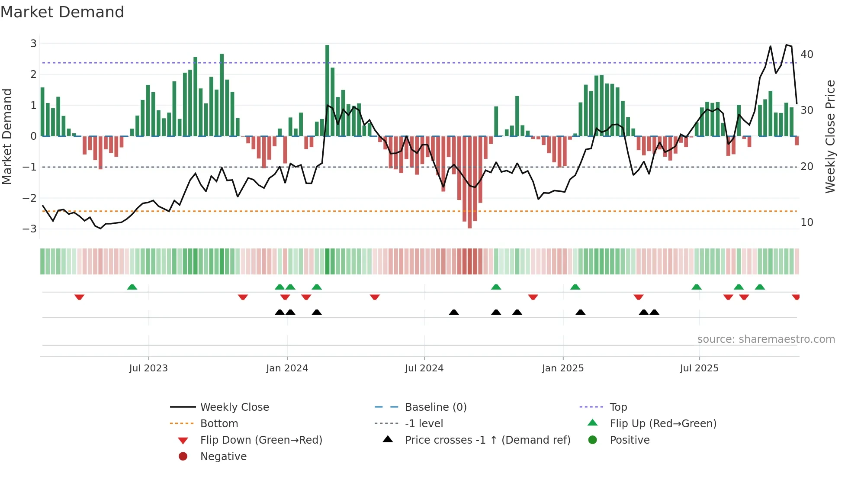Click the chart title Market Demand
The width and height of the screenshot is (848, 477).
point(62,12)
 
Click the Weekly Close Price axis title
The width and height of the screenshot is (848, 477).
point(830,136)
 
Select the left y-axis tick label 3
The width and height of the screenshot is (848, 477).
point(33,43)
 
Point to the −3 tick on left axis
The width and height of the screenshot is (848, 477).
point(30,229)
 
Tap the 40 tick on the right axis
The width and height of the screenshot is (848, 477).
point(806,55)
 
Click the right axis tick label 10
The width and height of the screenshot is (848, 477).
point(806,222)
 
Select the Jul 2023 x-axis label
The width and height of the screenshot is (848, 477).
point(148,368)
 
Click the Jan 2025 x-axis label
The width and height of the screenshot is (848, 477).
point(562,368)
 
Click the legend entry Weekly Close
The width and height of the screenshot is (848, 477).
point(234,407)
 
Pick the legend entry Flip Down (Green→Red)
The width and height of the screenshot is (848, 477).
point(261,440)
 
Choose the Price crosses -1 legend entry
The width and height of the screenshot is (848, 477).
point(487,440)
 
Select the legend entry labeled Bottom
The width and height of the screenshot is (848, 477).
point(219,424)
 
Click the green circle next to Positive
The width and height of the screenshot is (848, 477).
point(593,440)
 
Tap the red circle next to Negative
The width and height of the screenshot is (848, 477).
point(183,457)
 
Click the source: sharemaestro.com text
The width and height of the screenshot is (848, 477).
point(766,339)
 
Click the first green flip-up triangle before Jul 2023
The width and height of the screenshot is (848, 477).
point(132,287)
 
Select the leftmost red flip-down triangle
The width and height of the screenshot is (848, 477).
point(79,297)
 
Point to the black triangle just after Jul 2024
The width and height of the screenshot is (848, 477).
point(453,312)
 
